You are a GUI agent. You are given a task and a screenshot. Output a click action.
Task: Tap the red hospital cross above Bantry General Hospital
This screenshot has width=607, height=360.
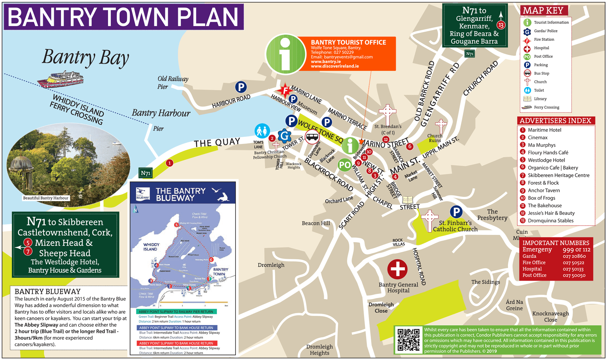(x=397, y=269)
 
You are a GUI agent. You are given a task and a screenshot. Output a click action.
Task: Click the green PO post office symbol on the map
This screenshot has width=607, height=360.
(x=345, y=165)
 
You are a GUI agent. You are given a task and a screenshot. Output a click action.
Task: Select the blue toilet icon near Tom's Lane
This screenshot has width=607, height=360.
(x=262, y=131)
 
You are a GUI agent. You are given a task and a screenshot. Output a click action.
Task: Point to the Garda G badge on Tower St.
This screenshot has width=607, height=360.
(x=285, y=136)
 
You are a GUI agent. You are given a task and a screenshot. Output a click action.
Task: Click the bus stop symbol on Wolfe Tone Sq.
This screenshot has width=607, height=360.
(x=312, y=137)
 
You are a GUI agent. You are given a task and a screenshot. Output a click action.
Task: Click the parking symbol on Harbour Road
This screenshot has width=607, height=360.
(x=241, y=87)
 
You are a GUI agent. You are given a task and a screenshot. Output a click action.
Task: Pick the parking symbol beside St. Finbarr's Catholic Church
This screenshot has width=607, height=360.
(x=456, y=212)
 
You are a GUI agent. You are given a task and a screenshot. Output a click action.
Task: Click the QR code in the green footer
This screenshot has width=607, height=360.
(x=408, y=340)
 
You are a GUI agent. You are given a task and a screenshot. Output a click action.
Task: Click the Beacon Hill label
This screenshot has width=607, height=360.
(x=316, y=223)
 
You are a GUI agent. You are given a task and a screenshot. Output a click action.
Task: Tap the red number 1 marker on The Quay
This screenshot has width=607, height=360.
(x=169, y=163)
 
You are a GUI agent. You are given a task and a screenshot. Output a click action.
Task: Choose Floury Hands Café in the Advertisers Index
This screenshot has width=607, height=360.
(x=552, y=152)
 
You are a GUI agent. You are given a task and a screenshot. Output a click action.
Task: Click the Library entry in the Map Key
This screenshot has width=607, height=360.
(x=540, y=99)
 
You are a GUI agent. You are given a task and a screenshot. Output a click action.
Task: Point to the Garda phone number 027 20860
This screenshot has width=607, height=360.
(x=574, y=256)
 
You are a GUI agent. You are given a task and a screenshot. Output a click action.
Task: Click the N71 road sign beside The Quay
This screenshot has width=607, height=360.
(x=145, y=173)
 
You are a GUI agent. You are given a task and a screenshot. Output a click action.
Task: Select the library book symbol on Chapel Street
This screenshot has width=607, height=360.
(x=408, y=200)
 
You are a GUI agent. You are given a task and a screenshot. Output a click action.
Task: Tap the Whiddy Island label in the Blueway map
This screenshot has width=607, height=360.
(x=151, y=247)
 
